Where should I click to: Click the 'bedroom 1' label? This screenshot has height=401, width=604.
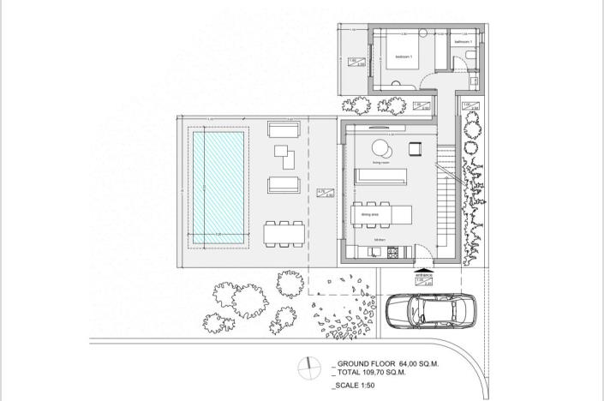point(404,57)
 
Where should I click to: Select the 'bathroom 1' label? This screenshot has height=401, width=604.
point(463,41)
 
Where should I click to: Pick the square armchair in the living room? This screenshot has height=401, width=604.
point(416,148)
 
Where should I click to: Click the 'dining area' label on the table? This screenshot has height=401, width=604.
point(370,214)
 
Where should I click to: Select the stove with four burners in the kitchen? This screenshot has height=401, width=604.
point(394,251)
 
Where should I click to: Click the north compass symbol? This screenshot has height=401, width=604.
point(307,369)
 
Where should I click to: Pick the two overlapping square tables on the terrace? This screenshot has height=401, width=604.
point(284,157)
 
